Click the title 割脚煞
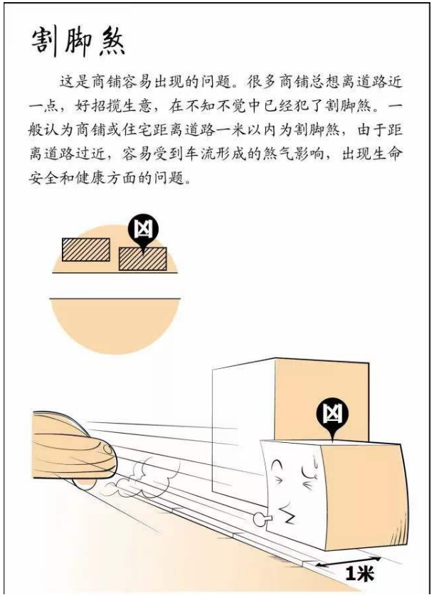click(78, 43)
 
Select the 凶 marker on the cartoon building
click(332, 417)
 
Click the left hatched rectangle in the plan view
click(86, 250)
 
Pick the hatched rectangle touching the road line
click(143, 259)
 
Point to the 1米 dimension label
click(359, 573)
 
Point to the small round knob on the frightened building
click(260, 519)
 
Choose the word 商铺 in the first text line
click(107, 81)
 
